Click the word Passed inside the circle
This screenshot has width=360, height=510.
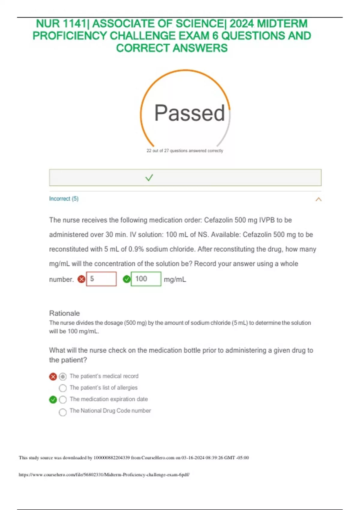(x=189, y=113)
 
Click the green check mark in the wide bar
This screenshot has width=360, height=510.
(x=149, y=178)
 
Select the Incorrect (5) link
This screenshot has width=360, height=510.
(x=64, y=199)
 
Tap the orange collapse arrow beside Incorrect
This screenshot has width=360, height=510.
(x=318, y=199)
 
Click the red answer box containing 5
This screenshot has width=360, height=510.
(x=101, y=279)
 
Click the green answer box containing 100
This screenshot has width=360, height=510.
(x=146, y=279)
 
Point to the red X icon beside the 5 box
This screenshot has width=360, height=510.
(x=81, y=279)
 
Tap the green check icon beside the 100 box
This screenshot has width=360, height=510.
(x=127, y=279)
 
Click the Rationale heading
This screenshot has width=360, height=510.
(x=64, y=313)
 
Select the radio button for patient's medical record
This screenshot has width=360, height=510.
(x=63, y=376)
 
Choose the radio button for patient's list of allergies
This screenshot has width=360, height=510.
(x=63, y=388)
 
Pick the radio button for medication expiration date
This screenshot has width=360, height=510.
(x=63, y=400)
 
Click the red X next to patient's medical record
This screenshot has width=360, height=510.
(x=53, y=376)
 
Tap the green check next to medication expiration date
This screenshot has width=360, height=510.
(x=53, y=400)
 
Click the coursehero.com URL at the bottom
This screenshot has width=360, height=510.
(x=104, y=475)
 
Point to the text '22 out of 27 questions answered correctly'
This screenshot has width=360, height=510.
(x=185, y=151)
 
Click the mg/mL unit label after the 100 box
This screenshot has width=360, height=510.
(x=175, y=280)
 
